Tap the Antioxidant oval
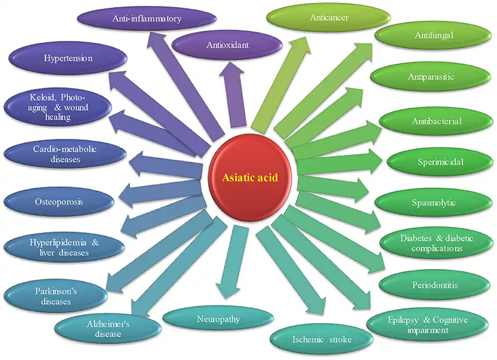pyautogui.click(x=228, y=45)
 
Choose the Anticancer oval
pyautogui.click(x=329, y=18)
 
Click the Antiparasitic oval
pyautogui.click(x=431, y=77)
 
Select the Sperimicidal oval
pyautogui.click(x=440, y=162)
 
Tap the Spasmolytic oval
pyautogui.click(x=433, y=202)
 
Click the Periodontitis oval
pyautogui.click(x=435, y=285)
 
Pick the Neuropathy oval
pyautogui.click(x=218, y=319)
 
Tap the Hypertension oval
pyautogui.click(x=68, y=58)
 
